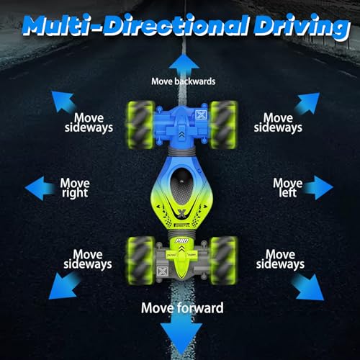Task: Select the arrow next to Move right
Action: [40, 188]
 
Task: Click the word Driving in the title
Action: [302, 27]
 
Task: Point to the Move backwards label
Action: [183, 81]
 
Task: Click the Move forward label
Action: [182, 308]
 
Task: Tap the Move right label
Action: [75, 188]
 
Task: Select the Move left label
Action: [288, 188]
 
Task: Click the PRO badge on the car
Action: [182, 240]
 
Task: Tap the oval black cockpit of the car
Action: [182, 186]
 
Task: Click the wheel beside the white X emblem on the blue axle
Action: [224, 125]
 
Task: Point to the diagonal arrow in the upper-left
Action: [63, 102]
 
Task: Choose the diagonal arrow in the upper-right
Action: [307, 104]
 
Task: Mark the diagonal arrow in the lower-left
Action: [64, 286]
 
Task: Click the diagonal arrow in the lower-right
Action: [307, 287]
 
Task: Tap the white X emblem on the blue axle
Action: [200, 114]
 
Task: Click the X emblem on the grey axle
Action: [161, 271]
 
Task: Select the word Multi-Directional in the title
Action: [135, 27]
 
